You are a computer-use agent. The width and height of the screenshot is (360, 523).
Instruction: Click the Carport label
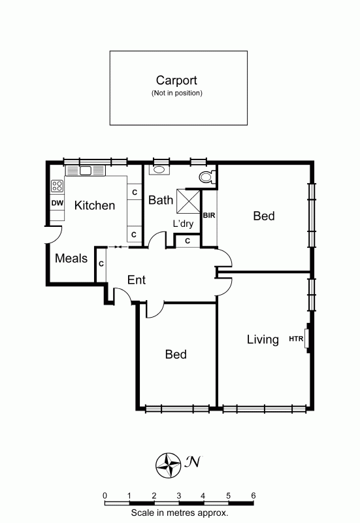pos(176,80)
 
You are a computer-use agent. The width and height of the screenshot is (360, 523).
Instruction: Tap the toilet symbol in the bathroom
pos(207,177)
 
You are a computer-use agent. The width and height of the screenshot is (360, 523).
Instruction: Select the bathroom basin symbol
pos(159,169)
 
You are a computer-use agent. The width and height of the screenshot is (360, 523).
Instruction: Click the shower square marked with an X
pos(188,201)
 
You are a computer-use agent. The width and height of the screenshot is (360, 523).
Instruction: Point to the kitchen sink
pos(86,171)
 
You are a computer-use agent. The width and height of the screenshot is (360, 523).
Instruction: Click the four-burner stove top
pos(57,186)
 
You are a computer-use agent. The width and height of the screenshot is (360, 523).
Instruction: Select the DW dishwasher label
pos(57,203)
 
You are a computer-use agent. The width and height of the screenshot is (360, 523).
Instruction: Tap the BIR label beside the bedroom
pos(209,216)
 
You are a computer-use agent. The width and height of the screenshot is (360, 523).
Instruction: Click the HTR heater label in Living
pos(296,339)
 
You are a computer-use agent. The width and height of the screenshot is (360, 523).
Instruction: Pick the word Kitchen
pos(95,205)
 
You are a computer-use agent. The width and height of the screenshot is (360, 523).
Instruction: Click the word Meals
pos(71,258)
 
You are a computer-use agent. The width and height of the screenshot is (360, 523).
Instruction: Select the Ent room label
pos(137,280)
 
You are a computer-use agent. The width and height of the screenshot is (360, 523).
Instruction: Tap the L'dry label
pos(184,224)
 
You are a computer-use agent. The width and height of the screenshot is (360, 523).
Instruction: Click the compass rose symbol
pos(168,465)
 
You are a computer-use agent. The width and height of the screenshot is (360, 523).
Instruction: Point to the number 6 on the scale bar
pos(254,496)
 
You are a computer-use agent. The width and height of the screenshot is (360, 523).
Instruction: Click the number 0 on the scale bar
pos(105,496)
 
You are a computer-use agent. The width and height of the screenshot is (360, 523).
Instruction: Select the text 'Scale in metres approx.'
pos(179,513)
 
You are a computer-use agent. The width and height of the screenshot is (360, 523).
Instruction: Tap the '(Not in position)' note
pos(176,93)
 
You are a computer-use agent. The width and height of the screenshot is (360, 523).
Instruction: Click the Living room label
pos(263,339)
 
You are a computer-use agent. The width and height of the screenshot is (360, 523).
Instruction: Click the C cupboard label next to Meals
pos(101,264)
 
